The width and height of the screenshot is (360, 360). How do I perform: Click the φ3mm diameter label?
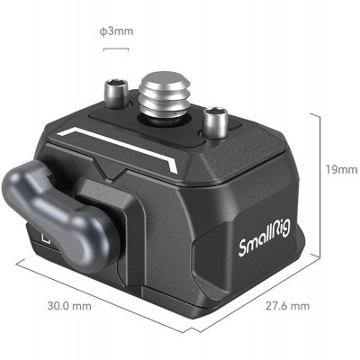point(117,31)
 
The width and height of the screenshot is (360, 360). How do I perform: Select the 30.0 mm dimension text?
point(71,307)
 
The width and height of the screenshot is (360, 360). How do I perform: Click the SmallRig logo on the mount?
point(263,244)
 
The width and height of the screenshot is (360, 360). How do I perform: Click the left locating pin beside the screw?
point(115,92)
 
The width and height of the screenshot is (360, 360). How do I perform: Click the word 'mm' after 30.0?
point(84,307)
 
